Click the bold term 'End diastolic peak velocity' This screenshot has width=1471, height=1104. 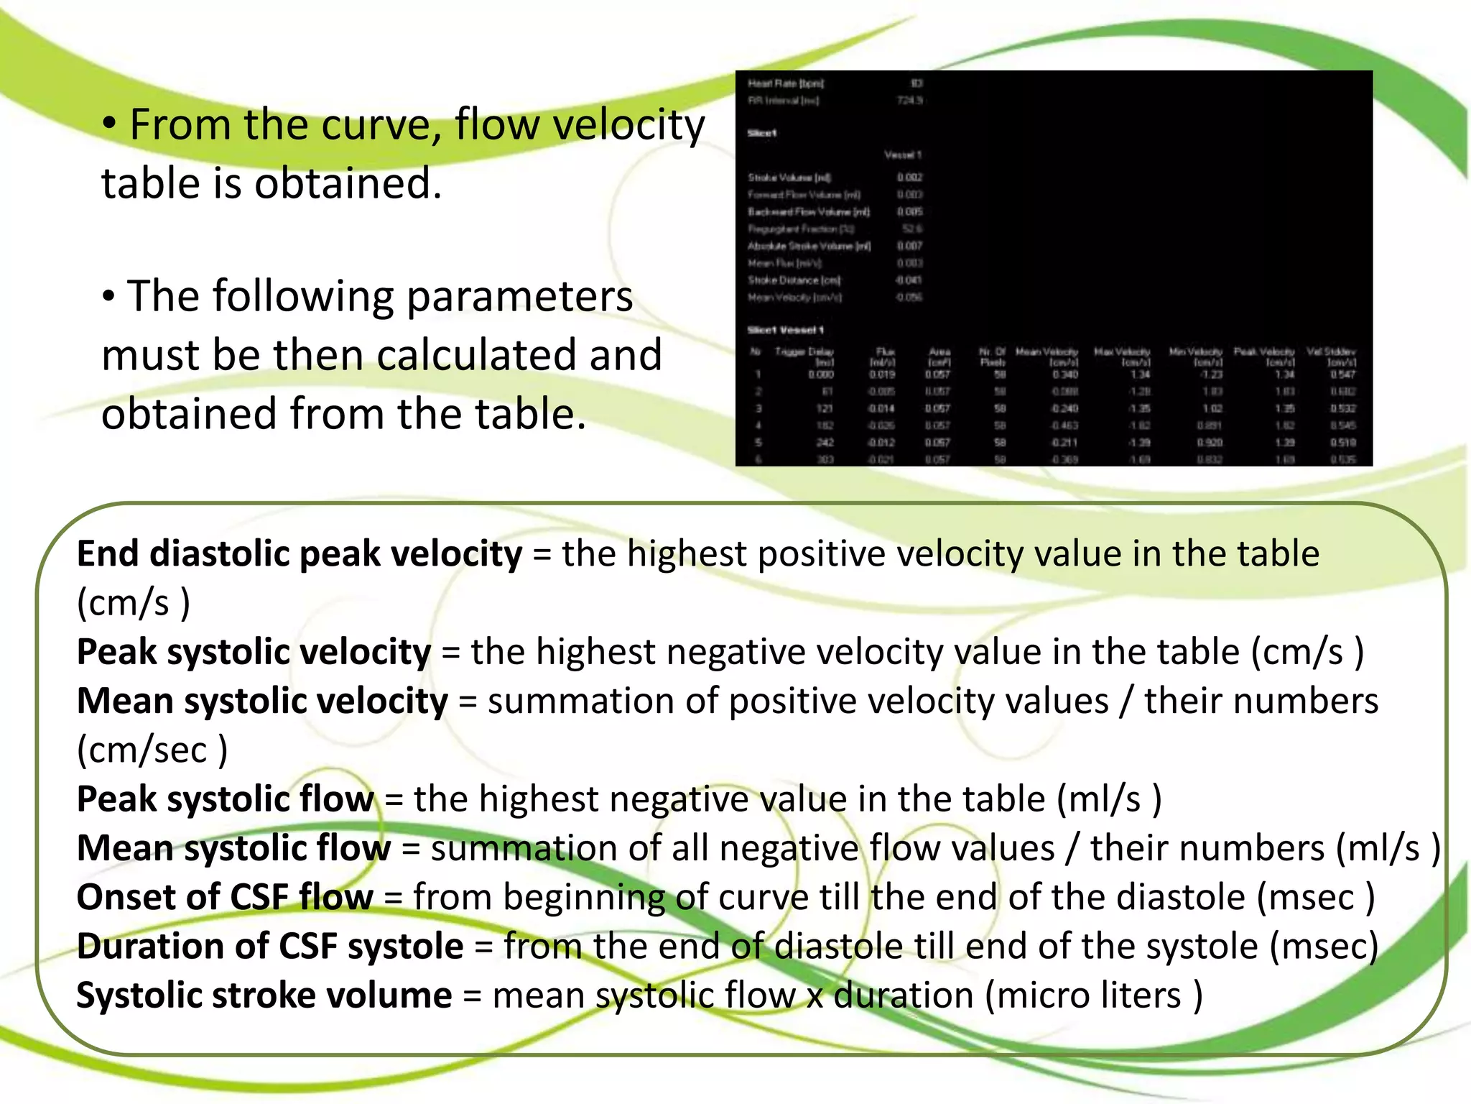(300, 554)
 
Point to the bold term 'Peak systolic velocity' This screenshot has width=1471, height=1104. (254, 652)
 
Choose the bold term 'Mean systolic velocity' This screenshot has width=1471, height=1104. (262, 701)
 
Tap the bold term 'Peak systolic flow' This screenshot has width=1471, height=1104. (226, 799)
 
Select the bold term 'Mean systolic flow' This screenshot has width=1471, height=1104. (233, 848)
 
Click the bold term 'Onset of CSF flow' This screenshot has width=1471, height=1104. (225, 897)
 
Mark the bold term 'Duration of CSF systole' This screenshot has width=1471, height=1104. (270, 946)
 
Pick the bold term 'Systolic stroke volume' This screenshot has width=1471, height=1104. (264, 995)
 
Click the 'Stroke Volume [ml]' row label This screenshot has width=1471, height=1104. (789, 178)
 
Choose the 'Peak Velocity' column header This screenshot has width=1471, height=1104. (1264, 352)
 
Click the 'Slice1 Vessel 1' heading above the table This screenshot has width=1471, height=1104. (785, 330)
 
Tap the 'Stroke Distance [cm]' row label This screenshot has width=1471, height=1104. (794, 280)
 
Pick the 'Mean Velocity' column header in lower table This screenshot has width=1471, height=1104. (1047, 352)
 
